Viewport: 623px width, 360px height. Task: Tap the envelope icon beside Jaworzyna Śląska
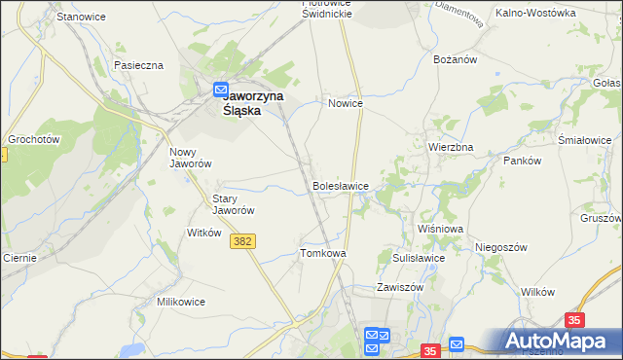(221, 89)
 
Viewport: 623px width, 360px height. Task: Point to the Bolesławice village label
(340, 185)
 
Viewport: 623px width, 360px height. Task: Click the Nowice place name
(346, 103)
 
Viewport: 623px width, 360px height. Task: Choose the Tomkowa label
(323, 253)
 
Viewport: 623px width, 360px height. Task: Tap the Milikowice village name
(181, 302)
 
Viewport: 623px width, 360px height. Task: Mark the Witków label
(204, 234)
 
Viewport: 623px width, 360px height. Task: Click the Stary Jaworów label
(234, 204)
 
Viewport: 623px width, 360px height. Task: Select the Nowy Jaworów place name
(191, 158)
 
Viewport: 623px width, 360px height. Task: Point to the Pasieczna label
(138, 65)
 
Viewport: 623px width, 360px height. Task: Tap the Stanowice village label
(81, 18)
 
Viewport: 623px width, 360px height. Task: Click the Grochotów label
(35, 139)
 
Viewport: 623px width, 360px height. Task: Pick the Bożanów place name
(454, 59)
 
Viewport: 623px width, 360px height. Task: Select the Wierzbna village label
(451, 147)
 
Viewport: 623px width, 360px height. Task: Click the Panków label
(521, 161)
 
